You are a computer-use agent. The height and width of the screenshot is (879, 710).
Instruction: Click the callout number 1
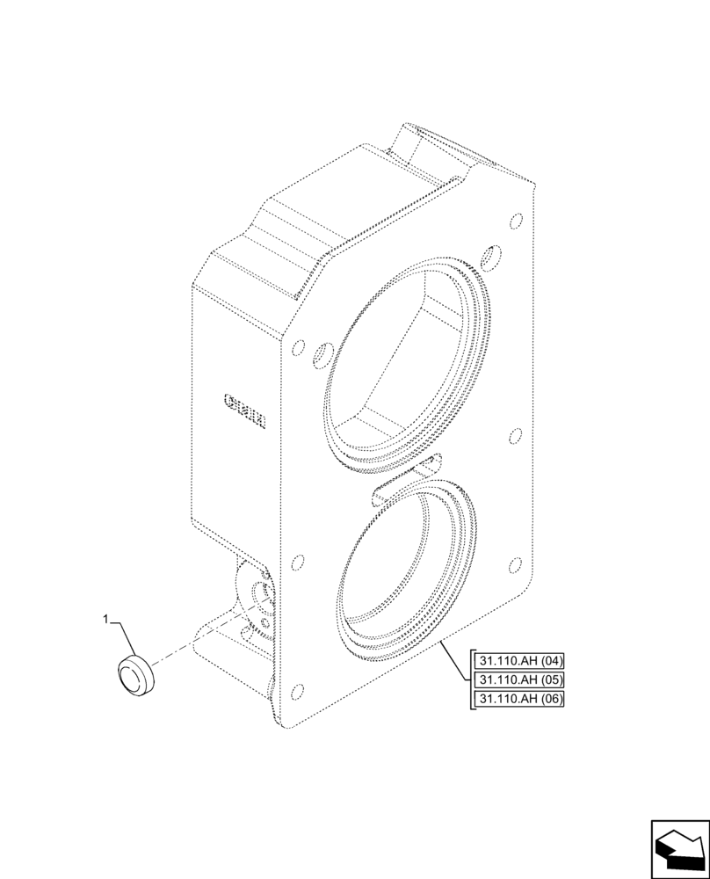point(106,620)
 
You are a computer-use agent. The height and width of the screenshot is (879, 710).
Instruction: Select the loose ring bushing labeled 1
point(134,674)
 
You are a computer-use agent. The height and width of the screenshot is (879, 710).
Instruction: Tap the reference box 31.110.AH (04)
point(519,660)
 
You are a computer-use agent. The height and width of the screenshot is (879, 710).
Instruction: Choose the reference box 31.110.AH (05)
point(519,679)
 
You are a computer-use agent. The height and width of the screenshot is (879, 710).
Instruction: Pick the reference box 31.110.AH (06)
point(519,699)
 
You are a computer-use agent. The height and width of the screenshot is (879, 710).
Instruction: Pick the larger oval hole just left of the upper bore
point(322,355)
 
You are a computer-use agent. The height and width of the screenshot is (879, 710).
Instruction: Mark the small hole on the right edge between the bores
point(516,435)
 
